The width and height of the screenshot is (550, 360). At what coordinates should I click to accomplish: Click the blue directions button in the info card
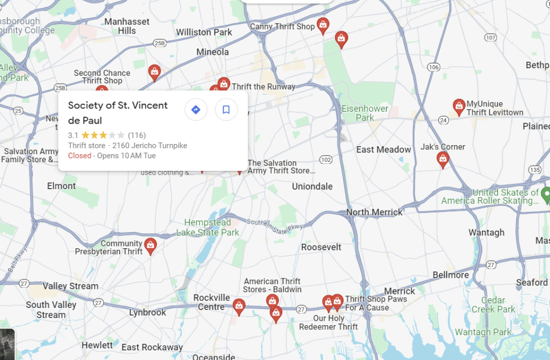196,110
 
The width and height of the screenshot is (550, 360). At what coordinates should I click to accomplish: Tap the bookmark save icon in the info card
226,110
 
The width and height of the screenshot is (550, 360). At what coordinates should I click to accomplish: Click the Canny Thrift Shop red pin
323,25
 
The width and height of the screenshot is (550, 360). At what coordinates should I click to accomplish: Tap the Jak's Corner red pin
442,159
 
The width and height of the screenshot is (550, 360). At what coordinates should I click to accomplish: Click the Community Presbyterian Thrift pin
151,246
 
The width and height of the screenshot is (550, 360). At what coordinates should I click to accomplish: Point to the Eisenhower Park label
365,113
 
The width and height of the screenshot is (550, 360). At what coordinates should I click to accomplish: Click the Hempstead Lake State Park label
208,227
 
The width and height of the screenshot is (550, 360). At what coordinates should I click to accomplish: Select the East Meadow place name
383,149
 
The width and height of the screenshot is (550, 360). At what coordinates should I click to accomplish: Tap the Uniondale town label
312,186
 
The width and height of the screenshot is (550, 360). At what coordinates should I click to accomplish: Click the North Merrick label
374,212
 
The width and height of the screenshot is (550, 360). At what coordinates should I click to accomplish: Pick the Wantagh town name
486,232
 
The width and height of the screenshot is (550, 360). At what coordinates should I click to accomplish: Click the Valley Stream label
70,286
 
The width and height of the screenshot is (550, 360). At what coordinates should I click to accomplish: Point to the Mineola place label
212,52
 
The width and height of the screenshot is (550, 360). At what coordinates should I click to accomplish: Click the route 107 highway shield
490,37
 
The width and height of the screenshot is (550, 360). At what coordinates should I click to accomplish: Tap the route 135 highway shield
534,169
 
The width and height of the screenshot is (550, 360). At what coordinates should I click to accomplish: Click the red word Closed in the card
80,156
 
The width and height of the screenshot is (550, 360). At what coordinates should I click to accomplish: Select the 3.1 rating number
73,135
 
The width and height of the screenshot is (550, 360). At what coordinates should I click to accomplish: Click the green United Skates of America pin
546,194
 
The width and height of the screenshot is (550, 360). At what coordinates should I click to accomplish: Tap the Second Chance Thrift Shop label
102,77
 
